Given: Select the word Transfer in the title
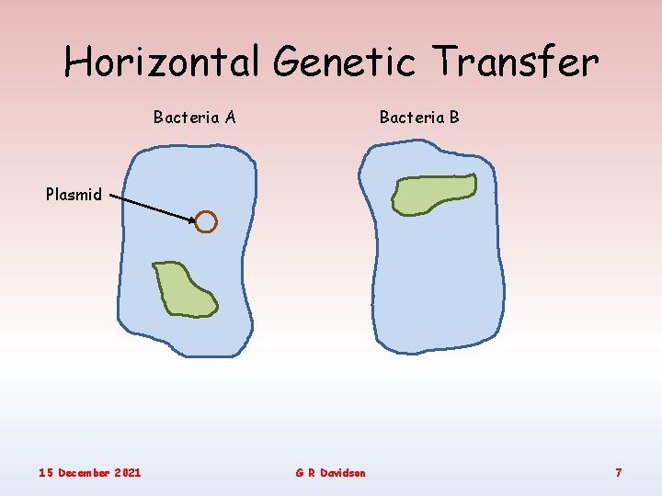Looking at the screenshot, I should [x=517, y=62].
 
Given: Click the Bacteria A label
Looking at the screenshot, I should [x=195, y=117].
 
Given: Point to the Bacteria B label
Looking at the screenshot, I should [x=419, y=117].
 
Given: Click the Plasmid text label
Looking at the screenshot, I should [x=74, y=195].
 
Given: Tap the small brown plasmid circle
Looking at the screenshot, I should [x=206, y=222].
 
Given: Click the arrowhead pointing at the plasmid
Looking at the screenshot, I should [x=190, y=220].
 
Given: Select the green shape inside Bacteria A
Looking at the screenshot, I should [x=184, y=289].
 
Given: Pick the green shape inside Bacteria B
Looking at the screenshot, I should [x=434, y=193].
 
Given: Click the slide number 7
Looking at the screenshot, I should [x=619, y=472].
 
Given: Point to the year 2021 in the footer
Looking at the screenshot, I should [x=129, y=472].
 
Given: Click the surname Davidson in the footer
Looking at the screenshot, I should [x=344, y=472].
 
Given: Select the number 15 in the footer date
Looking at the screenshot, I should [x=46, y=472].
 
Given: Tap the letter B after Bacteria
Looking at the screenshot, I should [x=454, y=117].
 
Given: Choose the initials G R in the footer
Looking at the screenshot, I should [x=305, y=472].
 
